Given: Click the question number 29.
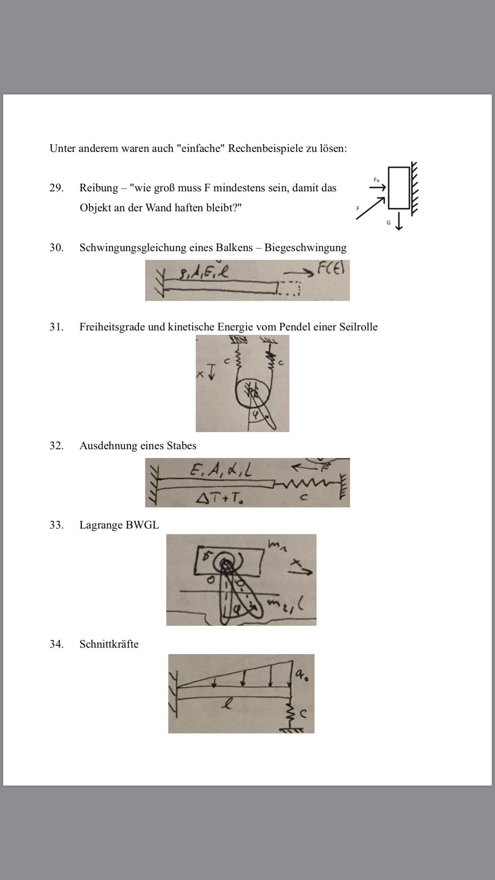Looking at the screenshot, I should [x=56, y=188].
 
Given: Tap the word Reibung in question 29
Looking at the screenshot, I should [x=98, y=188].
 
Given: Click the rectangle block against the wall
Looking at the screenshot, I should [x=399, y=188].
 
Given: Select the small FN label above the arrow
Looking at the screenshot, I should [x=376, y=180].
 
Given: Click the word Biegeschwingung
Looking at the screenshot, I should [x=305, y=247].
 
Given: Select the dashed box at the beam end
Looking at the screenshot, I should [x=288, y=288].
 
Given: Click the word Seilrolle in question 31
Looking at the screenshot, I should [x=358, y=327].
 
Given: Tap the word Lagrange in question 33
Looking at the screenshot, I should [x=101, y=525].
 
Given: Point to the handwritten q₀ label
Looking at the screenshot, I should [x=302, y=674].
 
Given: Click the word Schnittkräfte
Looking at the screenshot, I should [x=109, y=644].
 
